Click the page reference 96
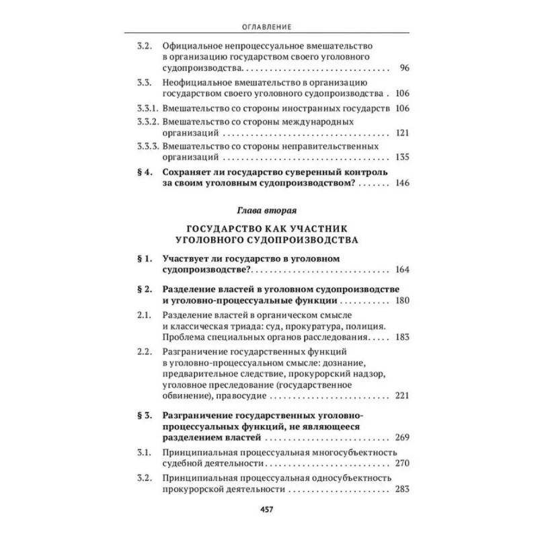[403, 69]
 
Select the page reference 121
[401, 133]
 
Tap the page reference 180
[401, 300]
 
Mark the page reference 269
[401, 438]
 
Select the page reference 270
[401, 463]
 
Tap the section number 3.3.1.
[147, 108]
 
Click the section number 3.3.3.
[147, 145]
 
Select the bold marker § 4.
[143, 171]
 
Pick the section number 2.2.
[143, 352]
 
